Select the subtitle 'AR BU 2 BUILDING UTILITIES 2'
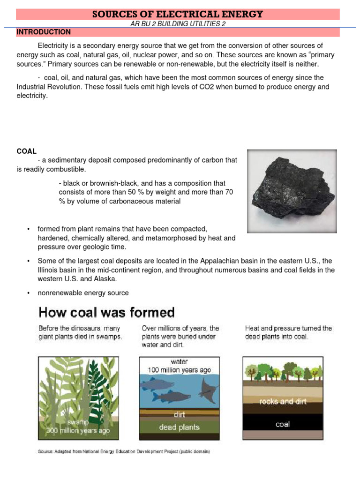(x=178, y=24)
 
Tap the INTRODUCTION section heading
(x=44, y=32)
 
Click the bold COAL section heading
(x=26, y=151)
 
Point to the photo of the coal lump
(x=292, y=191)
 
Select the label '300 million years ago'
(x=78, y=430)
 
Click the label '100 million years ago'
(x=179, y=369)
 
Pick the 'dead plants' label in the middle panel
(x=179, y=427)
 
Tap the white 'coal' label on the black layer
(x=282, y=424)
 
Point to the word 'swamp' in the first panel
(x=78, y=422)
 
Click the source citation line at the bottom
(x=124, y=452)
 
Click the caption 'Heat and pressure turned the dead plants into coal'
(x=288, y=332)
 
